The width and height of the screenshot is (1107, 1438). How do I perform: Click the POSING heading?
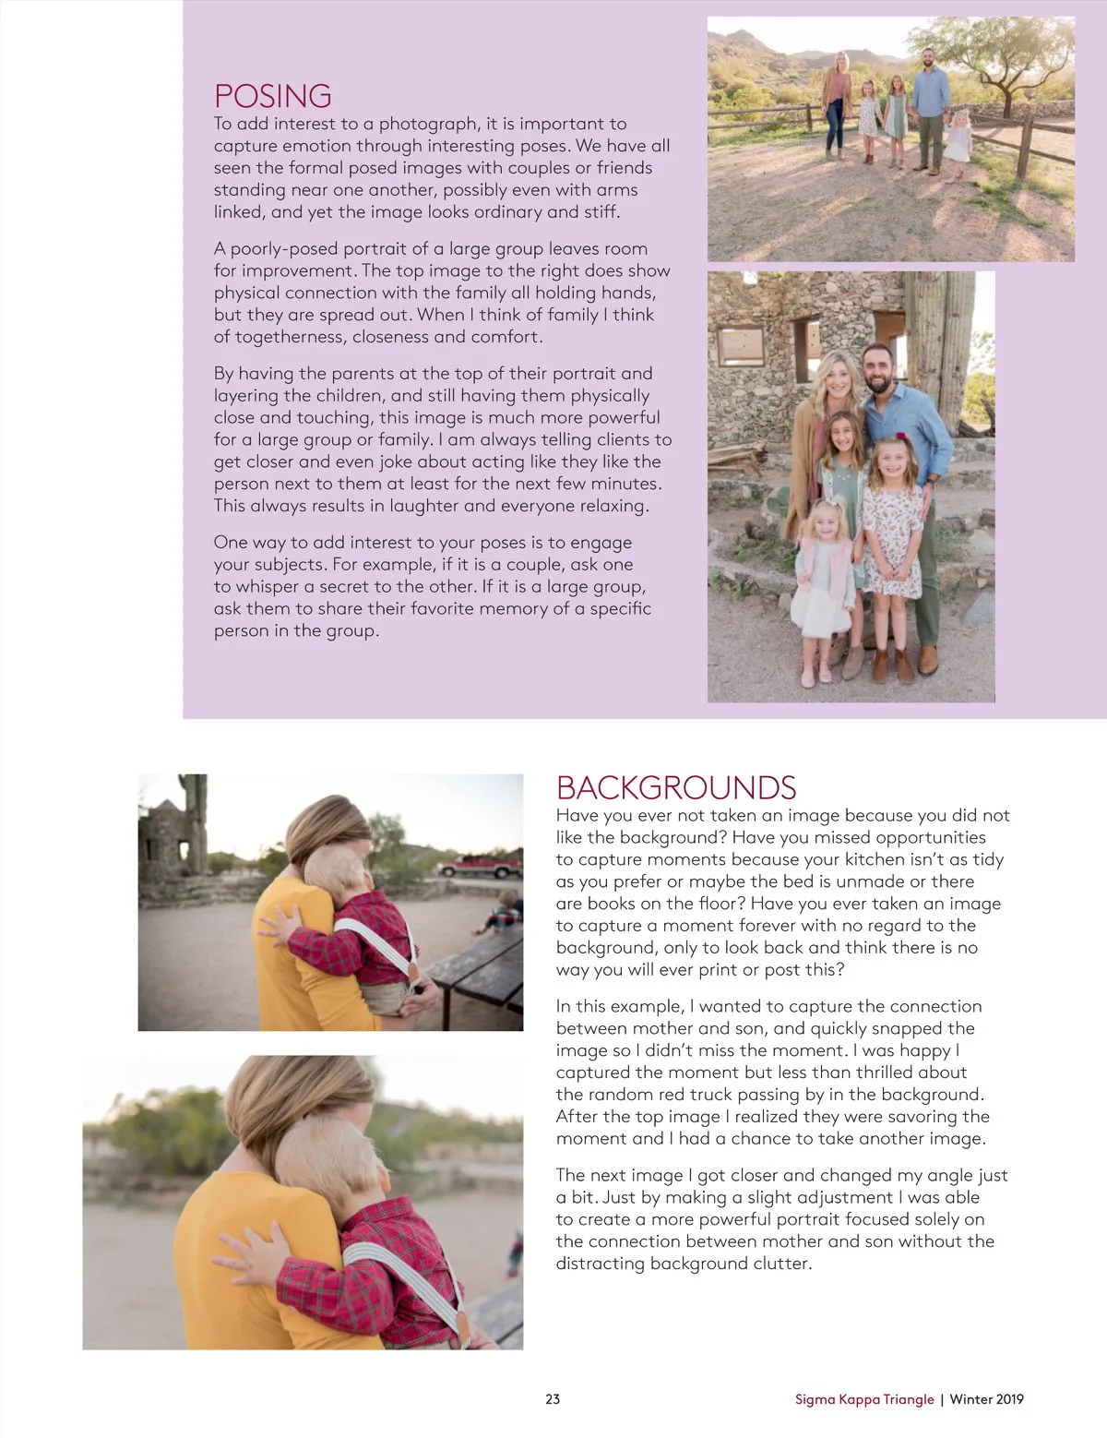(272, 96)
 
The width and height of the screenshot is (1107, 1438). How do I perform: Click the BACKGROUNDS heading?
(675, 787)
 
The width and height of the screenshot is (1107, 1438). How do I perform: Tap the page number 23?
(553, 1398)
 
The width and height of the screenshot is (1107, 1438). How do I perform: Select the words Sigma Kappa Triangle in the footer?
(864, 1399)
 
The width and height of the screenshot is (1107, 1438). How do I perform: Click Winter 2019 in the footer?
(986, 1399)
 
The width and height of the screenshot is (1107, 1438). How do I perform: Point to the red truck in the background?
(479, 867)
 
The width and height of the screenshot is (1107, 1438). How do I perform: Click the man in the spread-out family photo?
(931, 106)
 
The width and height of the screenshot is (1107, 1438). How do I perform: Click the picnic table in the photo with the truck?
(480, 969)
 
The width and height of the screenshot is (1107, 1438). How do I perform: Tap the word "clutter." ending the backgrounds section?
(781, 1264)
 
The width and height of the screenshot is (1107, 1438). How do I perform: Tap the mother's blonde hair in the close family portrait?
(833, 369)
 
